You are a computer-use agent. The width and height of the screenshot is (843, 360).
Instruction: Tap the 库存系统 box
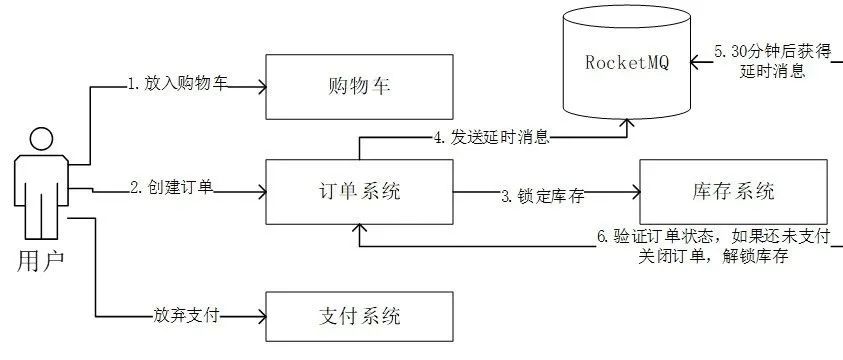[x=733, y=190]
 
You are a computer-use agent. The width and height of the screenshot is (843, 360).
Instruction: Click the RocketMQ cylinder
[x=625, y=63]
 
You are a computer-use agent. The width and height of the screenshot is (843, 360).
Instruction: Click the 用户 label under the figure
[x=40, y=262]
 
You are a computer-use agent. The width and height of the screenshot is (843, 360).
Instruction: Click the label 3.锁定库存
[x=542, y=196]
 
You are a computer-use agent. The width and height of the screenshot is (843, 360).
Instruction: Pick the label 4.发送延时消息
[x=491, y=137]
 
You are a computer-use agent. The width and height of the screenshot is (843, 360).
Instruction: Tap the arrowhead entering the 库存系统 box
[x=635, y=190]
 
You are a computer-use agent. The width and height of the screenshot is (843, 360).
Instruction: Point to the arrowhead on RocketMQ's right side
[x=694, y=60]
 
